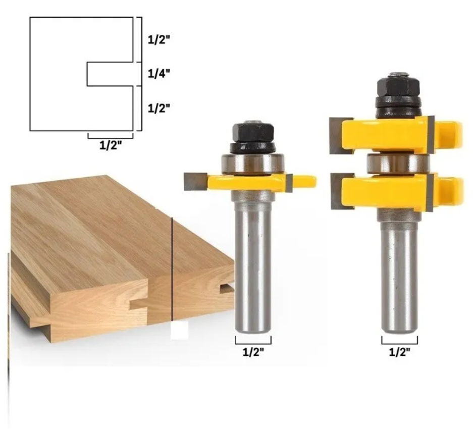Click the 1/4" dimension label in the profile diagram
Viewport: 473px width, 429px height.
coord(159,73)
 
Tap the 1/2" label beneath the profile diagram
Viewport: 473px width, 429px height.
coord(111,145)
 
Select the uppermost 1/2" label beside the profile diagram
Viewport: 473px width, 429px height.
coord(159,39)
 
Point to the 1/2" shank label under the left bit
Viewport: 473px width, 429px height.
coord(253,352)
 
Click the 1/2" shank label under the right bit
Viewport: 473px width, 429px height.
coord(400,352)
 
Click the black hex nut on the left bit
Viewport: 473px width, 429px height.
coord(253,131)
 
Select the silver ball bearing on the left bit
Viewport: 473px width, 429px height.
coord(253,164)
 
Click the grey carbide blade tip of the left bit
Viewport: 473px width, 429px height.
coord(195,181)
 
